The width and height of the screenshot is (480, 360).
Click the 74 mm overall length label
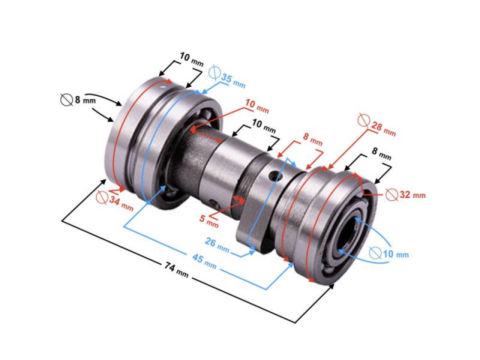pyautogui.click(x=176, y=270)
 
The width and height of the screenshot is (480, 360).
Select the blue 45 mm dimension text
pyautogui.click(x=204, y=260)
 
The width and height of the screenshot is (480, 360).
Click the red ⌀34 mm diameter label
pyautogui.click(x=115, y=201)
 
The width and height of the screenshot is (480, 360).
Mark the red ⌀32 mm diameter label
pyautogui.click(x=405, y=194)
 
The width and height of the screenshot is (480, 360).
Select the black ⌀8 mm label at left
pyautogui.click(x=77, y=100)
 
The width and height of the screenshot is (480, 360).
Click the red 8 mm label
pyautogui.click(x=313, y=138)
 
